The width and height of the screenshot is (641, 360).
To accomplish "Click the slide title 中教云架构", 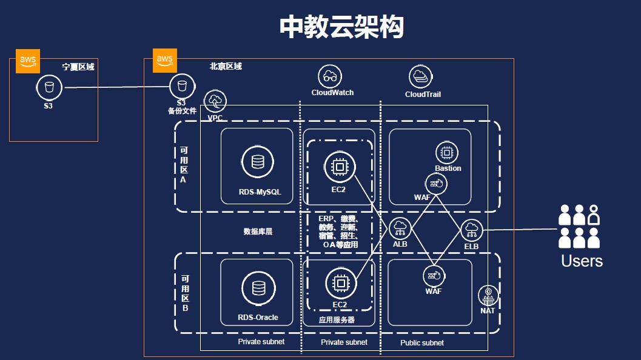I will coord(341,27).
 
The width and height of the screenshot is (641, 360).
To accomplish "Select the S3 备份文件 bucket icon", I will coord(182,87).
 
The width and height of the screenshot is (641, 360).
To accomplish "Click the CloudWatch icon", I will coord(330,76).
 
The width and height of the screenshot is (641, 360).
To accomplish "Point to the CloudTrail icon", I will coord(419,77).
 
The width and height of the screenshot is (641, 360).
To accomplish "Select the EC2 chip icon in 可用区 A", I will coord(339,167).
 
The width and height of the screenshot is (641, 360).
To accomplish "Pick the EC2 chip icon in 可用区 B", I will coord(340,282).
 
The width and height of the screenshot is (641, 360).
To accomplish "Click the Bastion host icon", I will coord(448,152).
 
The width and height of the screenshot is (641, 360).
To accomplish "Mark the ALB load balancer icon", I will coord(400,228).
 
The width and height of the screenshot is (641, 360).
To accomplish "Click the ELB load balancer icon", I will coord(471,230).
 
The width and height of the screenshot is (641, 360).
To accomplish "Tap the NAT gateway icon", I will coord(488,296).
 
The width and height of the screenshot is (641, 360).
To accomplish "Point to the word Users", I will coord(582,261).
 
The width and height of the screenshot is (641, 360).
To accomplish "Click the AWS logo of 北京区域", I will coord(165,60).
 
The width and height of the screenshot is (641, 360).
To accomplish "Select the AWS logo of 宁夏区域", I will coord(28,61).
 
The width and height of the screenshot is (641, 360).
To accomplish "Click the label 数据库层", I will coord(258,232).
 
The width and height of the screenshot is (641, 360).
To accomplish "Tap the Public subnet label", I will coord(422,343).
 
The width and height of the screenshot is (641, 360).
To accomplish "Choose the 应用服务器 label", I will coord(337,319).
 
